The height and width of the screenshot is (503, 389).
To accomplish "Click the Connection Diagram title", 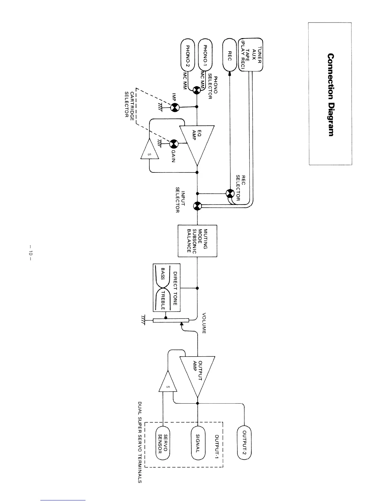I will [331, 95].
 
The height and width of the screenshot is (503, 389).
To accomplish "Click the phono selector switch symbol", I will [197, 90].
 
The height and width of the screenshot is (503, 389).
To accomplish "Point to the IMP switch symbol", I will [174, 107].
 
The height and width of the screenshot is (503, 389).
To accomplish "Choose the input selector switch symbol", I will [197, 206].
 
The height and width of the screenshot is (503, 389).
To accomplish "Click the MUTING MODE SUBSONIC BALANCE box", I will [197, 240].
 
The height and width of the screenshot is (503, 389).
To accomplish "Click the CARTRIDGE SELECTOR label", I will [130, 104].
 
